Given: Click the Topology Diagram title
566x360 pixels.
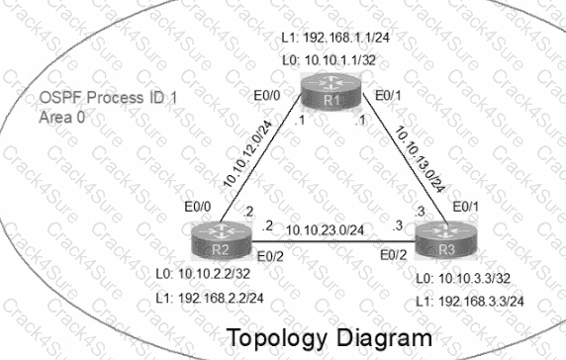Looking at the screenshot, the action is [x=330, y=336].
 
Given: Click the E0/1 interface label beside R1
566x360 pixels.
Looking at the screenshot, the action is [x=388, y=97].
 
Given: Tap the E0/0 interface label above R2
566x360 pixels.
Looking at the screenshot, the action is [x=199, y=207].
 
